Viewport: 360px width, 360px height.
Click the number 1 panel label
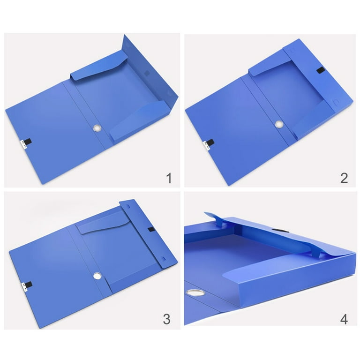169,178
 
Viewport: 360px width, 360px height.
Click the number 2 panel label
344,178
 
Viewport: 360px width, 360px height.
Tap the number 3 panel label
167,319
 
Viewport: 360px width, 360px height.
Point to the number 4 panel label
344,319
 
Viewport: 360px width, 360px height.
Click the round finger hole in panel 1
97,128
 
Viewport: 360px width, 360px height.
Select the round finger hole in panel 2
279,124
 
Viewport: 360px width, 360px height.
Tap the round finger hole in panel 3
97,276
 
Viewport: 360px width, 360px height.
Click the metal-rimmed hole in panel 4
195,292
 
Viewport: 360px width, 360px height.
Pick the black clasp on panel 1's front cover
27,142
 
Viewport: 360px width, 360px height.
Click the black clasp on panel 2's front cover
210,142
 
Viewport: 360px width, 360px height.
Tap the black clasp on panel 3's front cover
29,285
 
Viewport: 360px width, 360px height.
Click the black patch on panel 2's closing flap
320,70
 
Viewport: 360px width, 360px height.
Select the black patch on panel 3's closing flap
151,229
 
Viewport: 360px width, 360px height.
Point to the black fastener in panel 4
281,230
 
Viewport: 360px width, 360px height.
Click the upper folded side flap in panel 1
99,66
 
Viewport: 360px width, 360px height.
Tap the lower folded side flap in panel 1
140,120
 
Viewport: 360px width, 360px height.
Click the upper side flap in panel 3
104,223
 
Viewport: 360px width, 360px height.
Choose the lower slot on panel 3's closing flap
163,259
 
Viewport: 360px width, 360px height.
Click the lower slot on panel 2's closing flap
336,101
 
